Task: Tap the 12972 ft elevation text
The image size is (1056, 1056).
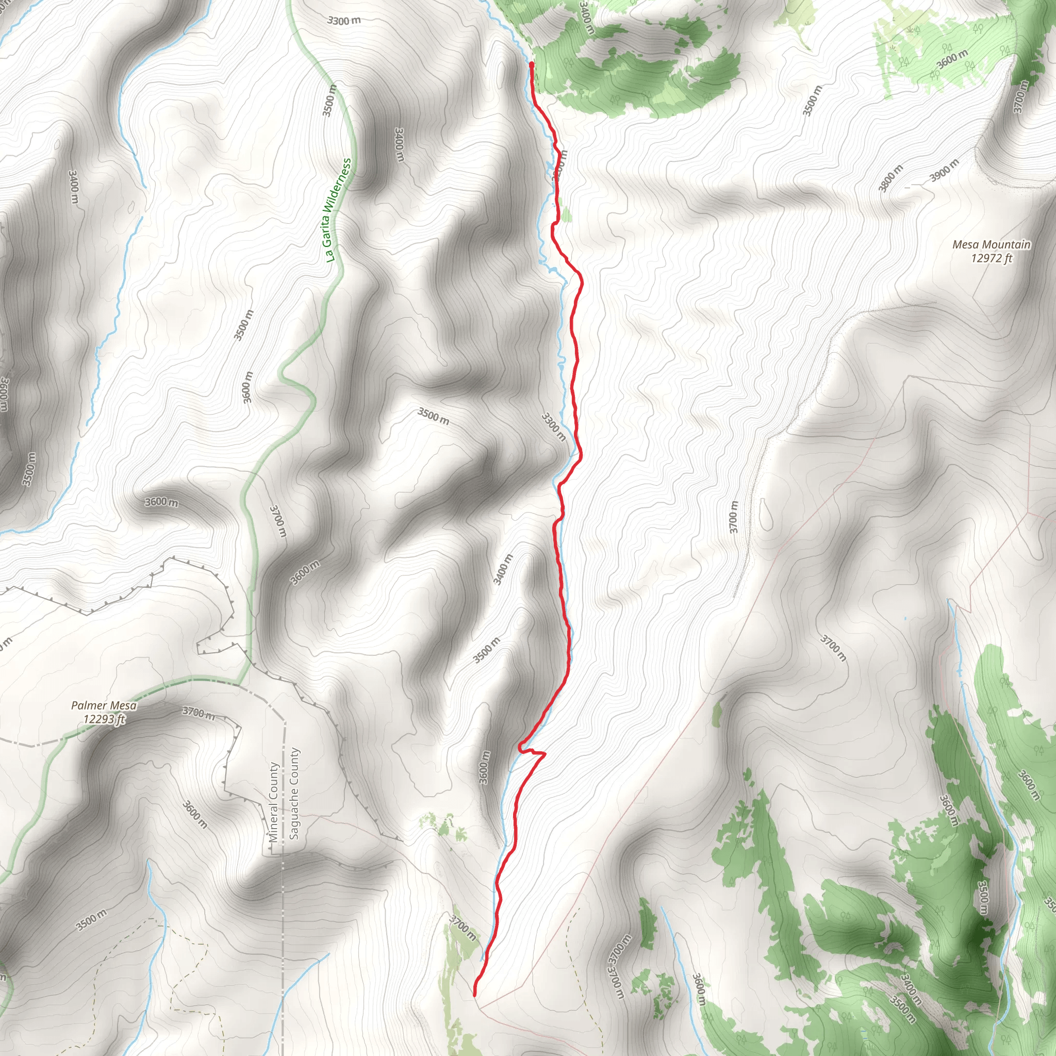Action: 992,258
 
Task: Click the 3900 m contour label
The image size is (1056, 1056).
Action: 944,171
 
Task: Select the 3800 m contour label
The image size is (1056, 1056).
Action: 890,178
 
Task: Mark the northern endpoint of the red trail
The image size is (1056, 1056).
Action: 531,64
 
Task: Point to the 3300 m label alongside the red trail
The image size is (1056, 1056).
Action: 553,427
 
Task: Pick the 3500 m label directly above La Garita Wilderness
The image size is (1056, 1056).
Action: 329,101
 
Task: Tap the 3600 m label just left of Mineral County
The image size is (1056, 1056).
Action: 194,814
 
